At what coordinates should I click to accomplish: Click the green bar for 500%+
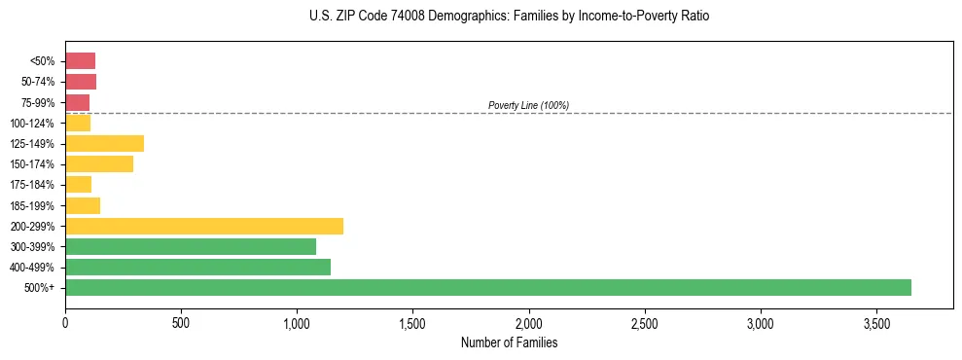487,287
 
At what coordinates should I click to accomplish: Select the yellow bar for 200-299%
204,226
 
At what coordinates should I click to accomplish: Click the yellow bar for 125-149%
104,143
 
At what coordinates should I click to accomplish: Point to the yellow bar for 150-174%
99,163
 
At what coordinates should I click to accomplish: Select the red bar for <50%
80,60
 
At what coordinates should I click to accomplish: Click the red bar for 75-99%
77,102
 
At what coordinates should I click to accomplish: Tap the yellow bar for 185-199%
83,205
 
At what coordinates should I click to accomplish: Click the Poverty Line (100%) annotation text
528,105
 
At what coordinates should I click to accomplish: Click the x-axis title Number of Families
509,342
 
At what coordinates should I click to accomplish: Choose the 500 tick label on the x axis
181,323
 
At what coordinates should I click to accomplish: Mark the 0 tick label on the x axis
65,323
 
